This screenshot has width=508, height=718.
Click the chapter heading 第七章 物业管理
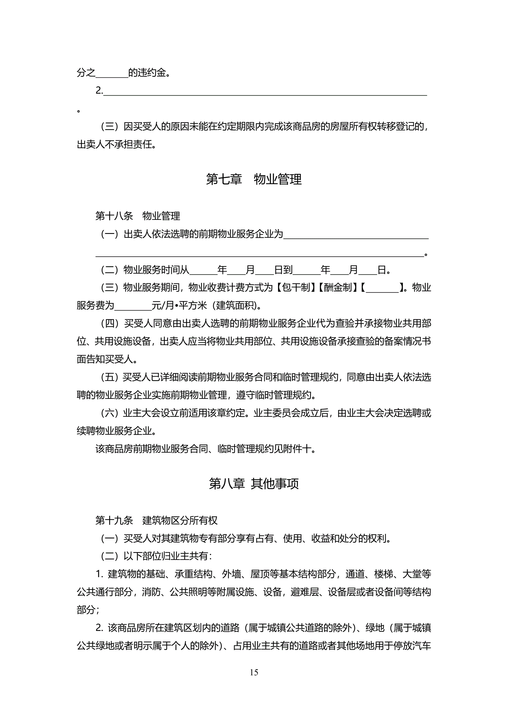point(254,179)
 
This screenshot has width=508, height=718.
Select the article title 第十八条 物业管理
point(138,216)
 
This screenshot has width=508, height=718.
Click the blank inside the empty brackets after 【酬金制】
point(382,288)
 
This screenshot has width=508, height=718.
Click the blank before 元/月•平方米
point(133,306)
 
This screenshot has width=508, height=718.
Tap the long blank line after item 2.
point(265,91)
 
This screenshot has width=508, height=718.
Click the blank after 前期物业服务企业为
point(356,234)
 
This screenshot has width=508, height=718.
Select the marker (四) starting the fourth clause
point(109,323)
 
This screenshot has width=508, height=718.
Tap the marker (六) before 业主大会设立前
point(109,413)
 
